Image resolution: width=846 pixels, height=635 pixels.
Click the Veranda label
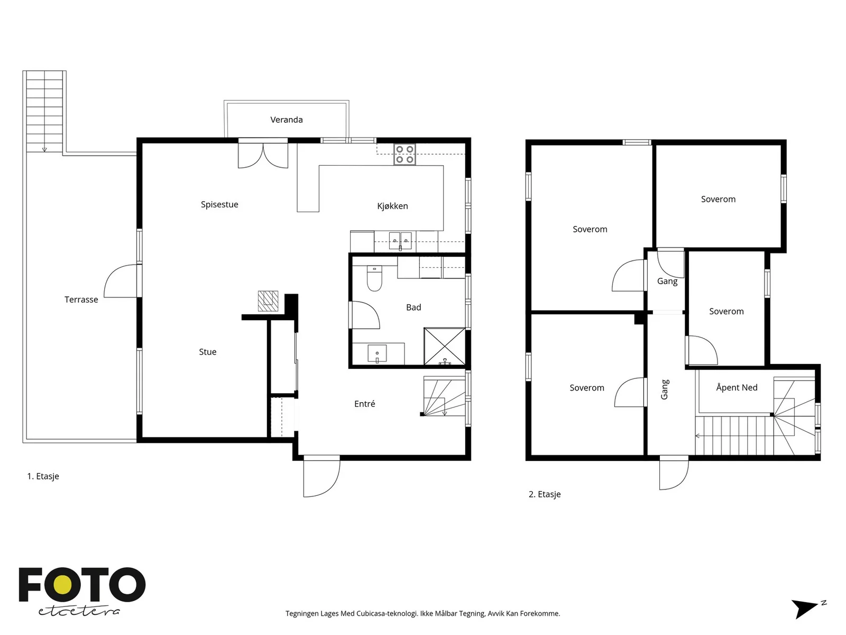(287, 120)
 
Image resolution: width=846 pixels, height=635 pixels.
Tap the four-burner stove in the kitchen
(404, 154)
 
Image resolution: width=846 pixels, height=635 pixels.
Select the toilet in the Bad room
(374, 278)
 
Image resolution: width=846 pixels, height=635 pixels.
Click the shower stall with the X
(444, 346)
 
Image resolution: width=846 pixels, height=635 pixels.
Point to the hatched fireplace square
(268, 301)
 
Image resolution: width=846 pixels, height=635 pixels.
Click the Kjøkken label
(392, 206)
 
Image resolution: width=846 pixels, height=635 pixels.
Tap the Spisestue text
(219, 205)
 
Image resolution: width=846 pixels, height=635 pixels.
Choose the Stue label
(207, 352)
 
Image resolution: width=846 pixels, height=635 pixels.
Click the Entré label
(365, 404)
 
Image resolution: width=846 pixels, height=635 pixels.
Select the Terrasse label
(81, 300)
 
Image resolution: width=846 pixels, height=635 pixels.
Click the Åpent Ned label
(737, 387)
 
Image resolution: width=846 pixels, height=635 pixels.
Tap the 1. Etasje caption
(43, 477)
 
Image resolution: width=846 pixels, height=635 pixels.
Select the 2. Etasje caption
(545, 494)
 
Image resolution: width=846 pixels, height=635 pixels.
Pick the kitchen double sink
(400, 241)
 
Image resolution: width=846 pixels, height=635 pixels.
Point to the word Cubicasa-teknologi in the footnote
(387, 613)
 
